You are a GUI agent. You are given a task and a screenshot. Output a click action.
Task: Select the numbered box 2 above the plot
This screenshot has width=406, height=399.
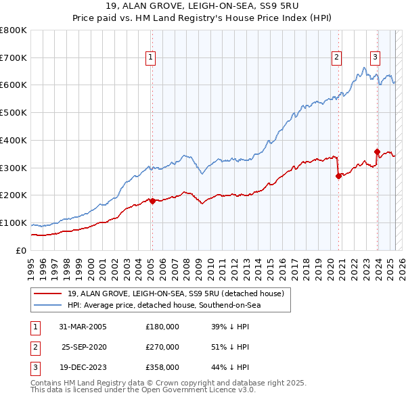[336, 57]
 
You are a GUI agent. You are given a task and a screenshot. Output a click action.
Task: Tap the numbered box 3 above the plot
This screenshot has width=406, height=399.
[375, 57]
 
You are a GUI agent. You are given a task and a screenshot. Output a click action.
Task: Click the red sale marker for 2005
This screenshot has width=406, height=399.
[152, 201]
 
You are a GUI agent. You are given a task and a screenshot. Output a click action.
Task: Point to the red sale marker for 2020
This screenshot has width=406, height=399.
[338, 176]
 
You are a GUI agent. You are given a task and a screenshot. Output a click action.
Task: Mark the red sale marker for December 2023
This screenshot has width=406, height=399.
[378, 151]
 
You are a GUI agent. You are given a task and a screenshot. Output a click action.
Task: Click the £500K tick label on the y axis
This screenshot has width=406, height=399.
[14, 113]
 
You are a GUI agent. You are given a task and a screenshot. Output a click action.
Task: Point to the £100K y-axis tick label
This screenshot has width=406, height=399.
[14, 223]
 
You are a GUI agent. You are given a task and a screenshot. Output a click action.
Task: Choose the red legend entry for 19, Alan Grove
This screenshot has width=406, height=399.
[179, 293]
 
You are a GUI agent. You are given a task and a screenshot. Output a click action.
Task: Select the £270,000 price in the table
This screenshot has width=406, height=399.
[162, 347]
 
